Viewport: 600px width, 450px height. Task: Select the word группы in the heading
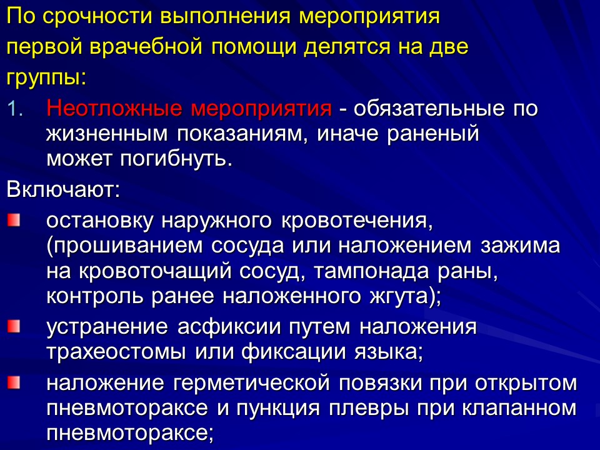pos(43,79)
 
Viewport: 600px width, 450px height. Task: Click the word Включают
pos(62,189)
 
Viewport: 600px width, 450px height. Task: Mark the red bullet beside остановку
pos(13,220)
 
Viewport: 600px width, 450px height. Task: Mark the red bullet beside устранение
pos(13,326)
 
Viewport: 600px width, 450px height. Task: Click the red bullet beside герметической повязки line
pos(13,381)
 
